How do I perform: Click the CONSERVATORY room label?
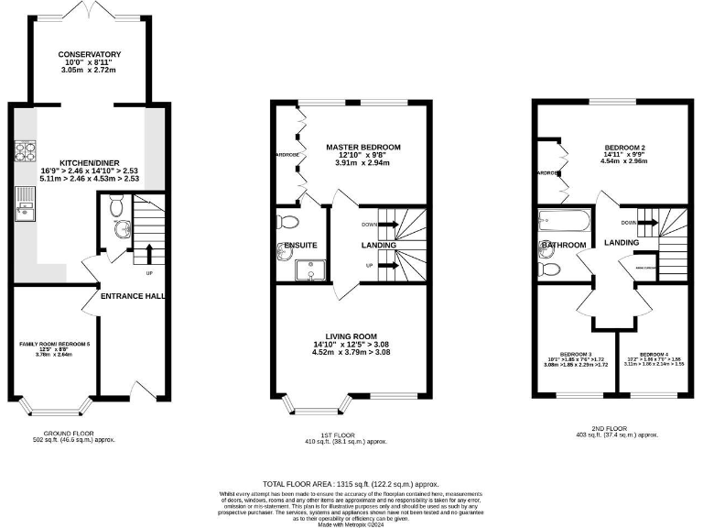89,54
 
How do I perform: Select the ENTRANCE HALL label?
132,296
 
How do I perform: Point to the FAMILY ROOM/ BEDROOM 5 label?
56,344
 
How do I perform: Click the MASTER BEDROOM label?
363,147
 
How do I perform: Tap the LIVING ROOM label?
351,336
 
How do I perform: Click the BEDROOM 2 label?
626,147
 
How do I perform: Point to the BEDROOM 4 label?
654,354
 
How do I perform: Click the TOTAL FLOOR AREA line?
351,483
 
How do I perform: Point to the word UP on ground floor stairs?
149,272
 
